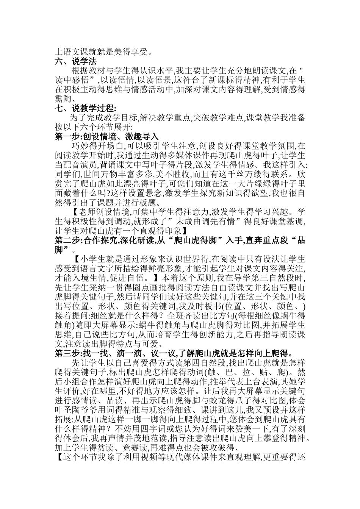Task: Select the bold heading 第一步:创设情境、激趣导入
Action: (x=106, y=137)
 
